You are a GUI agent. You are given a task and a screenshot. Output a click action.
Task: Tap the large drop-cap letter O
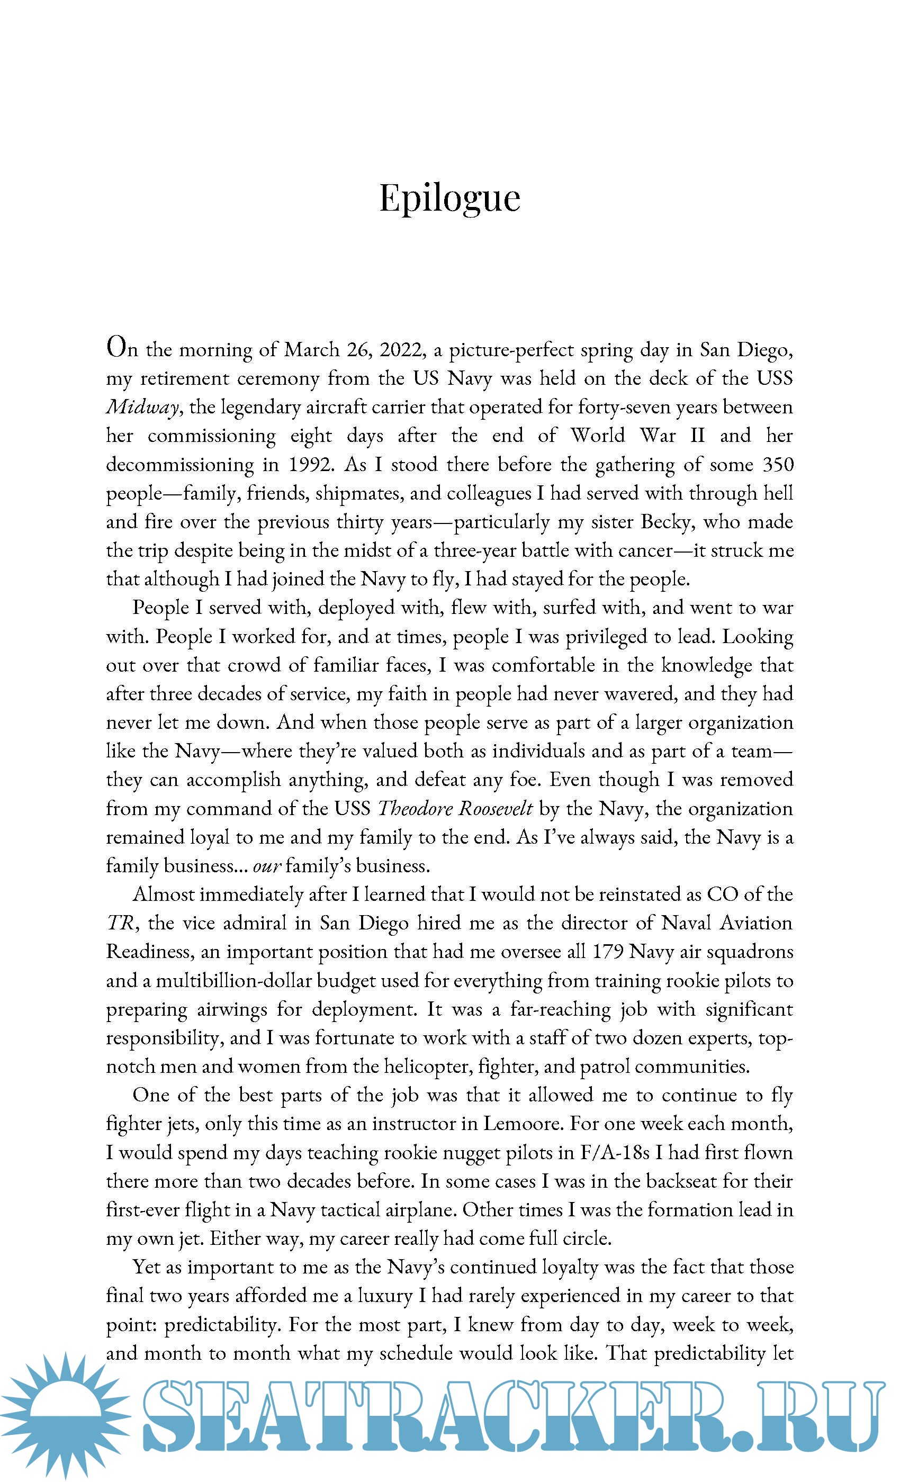tap(118, 347)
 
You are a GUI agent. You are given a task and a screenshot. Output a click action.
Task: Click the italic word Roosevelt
tap(496, 808)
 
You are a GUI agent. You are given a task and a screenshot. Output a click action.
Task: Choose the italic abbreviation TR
tap(120, 923)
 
